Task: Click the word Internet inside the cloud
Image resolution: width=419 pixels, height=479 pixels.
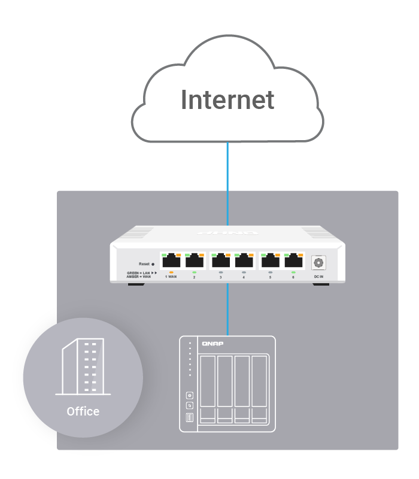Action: (227, 100)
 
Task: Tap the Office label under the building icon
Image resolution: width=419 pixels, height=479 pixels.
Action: (83, 412)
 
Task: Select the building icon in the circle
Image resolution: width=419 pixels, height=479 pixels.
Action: (83, 366)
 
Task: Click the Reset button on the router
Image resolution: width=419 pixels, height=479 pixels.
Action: (147, 263)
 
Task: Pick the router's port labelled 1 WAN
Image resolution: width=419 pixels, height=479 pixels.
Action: (172, 261)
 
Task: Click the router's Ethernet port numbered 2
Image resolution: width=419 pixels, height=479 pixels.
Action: (195, 261)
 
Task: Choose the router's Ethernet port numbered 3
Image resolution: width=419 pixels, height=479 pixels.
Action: (221, 261)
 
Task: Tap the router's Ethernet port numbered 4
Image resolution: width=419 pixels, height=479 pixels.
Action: (244, 261)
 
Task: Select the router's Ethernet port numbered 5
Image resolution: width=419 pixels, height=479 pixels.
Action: (271, 261)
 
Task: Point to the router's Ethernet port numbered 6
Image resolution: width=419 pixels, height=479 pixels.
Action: (293, 261)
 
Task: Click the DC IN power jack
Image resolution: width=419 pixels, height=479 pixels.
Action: (318, 262)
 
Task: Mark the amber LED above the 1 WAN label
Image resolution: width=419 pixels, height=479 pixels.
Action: (172, 272)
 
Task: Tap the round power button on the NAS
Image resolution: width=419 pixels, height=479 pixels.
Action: (190, 395)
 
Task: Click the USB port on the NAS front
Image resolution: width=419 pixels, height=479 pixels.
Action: (190, 417)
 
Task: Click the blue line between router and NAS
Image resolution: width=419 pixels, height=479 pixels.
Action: (227, 308)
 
